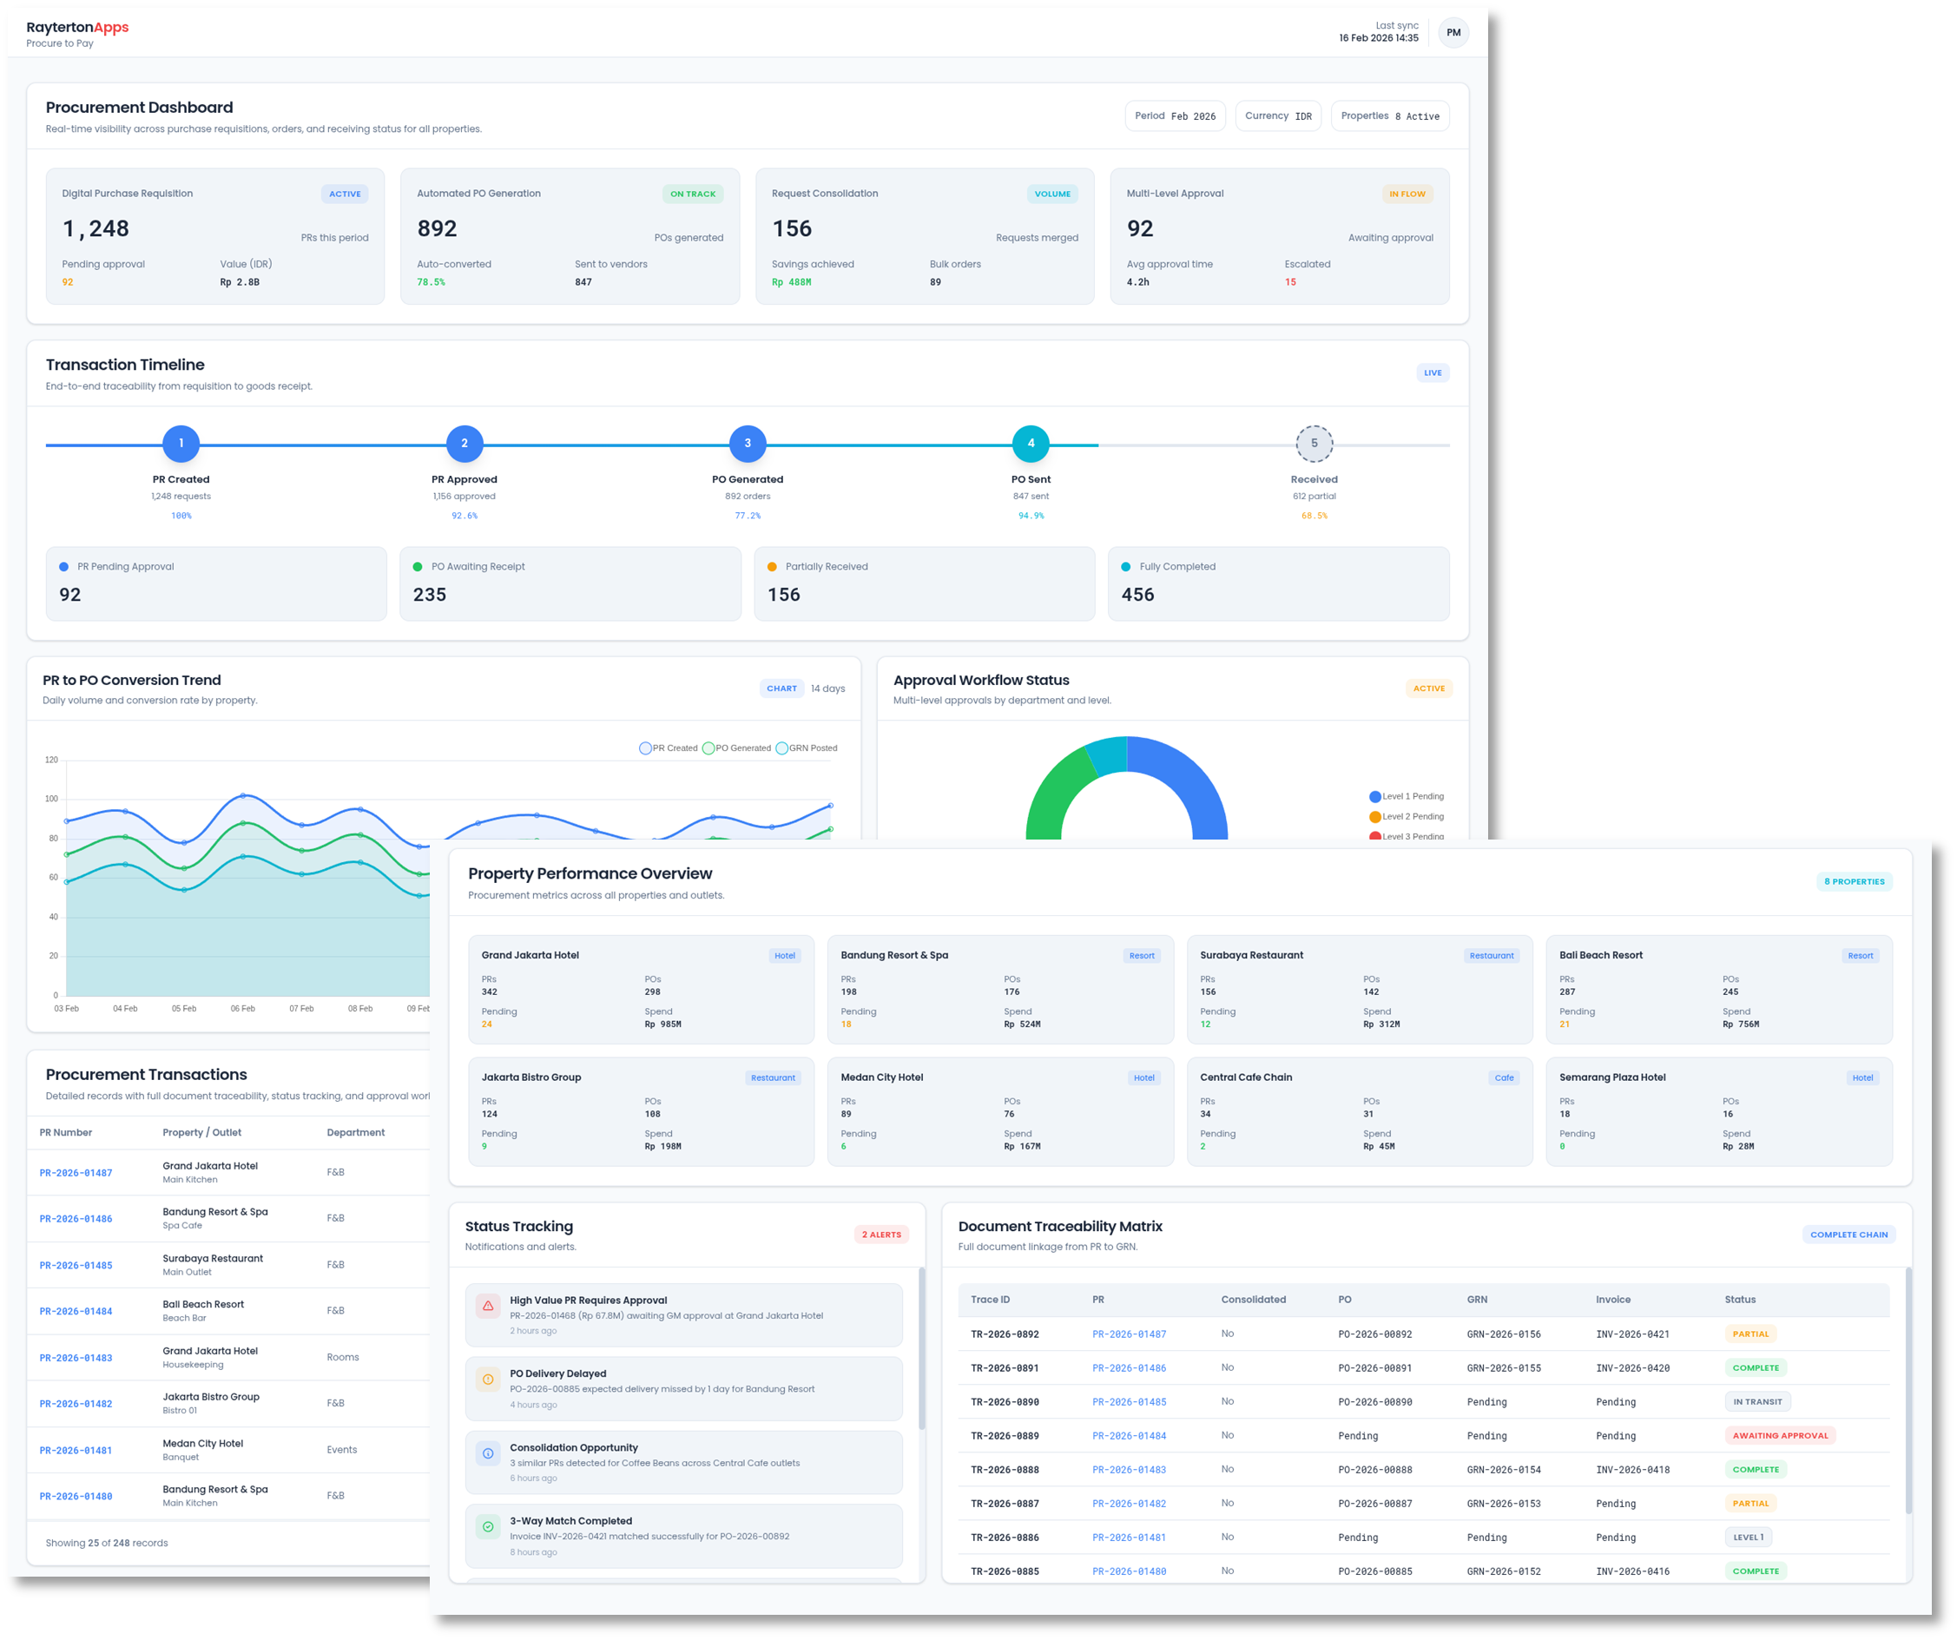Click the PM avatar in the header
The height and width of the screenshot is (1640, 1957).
coord(1453,33)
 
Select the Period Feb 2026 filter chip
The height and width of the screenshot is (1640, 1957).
coord(1174,116)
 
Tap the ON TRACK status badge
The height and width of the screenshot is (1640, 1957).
coord(692,194)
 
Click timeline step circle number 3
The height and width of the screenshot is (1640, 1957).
coord(748,444)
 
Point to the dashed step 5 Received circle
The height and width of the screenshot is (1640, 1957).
coord(1314,444)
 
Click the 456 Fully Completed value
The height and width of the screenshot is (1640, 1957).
coord(1138,595)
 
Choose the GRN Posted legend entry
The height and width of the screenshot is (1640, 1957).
coord(807,748)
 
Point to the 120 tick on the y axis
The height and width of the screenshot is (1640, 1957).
coord(51,761)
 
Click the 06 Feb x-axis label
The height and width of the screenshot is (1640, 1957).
coord(242,1008)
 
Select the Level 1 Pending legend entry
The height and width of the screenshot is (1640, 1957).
coord(1407,797)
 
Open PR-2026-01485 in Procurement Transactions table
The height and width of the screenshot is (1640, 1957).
coord(76,1266)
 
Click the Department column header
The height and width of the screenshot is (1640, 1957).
coord(355,1133)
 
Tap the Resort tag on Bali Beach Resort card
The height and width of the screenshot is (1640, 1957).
coord(1860,956)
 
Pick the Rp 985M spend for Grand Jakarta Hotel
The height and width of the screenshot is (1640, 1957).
coord(662,1024)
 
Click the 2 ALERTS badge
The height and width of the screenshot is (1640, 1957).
coord(880,1235)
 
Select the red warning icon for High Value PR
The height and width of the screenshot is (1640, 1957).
coord(487,1306)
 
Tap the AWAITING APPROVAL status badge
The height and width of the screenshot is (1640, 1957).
coord(1779,1436)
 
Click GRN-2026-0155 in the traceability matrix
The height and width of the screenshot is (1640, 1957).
coord(1503,1368)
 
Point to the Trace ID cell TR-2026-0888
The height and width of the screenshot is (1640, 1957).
coord(1005,1470)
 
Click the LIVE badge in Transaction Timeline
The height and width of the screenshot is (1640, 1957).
coord(1433,372)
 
